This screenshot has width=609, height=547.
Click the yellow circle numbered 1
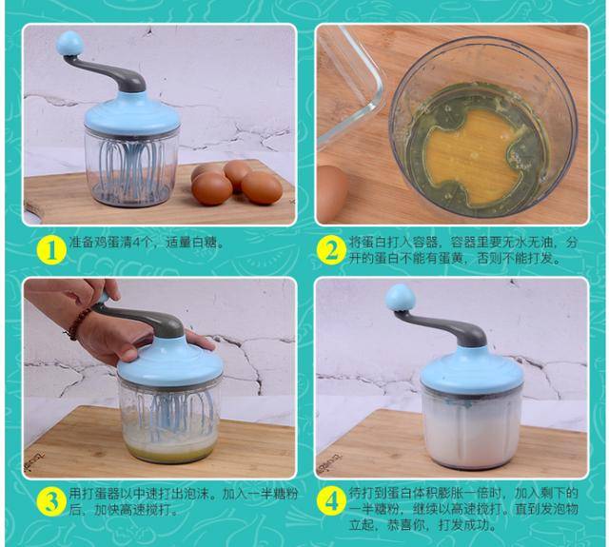point(49,250)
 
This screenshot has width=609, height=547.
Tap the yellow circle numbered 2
point(330,250)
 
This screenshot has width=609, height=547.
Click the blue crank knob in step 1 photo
point(69,44)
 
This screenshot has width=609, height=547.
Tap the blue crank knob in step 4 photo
point(400,297)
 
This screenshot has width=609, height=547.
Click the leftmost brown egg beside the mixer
point(211,187)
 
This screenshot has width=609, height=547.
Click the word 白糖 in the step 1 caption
point(206,243)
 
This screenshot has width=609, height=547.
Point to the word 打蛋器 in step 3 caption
point(101,494)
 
